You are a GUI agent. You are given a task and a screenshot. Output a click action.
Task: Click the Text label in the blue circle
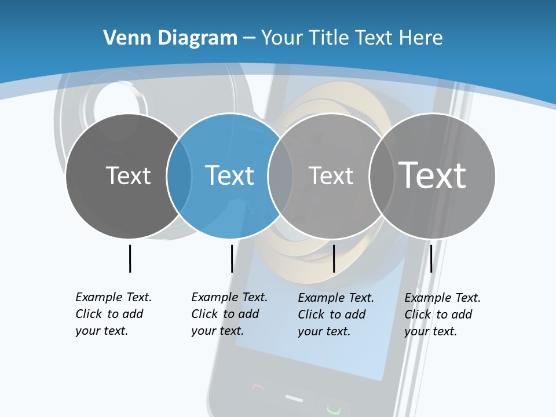(229, 175)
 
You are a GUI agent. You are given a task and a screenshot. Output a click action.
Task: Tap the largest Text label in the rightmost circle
(433, 175)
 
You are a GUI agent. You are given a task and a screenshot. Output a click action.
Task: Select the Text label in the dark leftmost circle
(128, 175)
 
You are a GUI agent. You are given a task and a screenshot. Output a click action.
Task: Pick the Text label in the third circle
(331, 175)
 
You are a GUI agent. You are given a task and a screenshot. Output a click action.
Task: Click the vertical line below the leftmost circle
(130, 258)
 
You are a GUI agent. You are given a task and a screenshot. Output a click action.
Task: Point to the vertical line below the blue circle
(232, 258)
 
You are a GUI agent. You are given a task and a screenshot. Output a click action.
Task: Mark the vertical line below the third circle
(334, 258)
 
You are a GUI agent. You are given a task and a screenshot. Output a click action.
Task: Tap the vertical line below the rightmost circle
(431, 258)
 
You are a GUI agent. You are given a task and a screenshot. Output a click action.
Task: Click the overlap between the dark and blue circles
(180, 175)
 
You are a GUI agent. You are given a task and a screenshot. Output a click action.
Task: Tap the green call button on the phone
(332, 409)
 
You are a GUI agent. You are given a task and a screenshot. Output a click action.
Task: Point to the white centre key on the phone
(294, 398)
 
